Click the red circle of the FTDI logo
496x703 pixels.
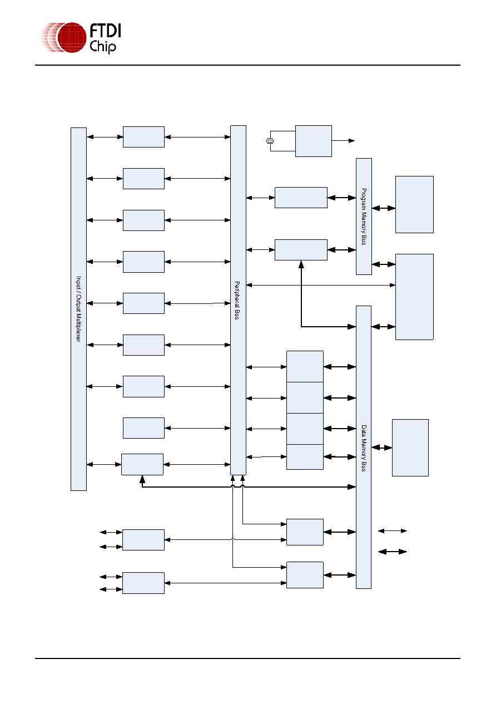(72, 37)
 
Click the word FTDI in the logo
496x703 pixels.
(105, 31)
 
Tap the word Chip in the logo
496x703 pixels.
(103, 47)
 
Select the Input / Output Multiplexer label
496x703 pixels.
(78, 309)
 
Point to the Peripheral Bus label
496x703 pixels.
(237, 301)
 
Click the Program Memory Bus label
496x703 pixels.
(364, 217)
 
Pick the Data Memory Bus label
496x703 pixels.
(364, 448)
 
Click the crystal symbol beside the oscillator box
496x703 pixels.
(270, 141)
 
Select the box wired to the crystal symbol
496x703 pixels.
(313, 141)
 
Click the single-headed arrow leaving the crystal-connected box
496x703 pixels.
(343, 141)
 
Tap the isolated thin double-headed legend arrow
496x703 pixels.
(392, 530)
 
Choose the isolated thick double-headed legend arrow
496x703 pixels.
(392, 552)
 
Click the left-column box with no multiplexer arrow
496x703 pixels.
(143, 428)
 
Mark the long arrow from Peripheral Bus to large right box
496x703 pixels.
(321, 285)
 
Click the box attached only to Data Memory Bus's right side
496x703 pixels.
(410, 448)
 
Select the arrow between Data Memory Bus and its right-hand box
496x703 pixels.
(381, 448)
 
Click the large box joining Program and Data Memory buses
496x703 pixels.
(414, 297)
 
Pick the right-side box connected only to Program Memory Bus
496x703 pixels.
(414, 204)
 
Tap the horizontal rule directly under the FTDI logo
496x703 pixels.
(247, 65)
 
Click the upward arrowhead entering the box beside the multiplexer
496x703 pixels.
(142, 479)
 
